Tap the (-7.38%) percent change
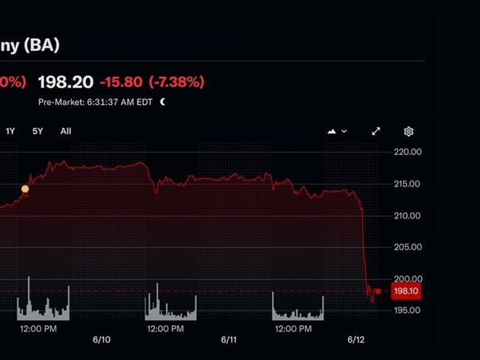176,82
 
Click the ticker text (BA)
41,45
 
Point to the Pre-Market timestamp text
95,102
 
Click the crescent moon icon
163,102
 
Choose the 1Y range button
10,131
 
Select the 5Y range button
38,131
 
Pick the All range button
66,131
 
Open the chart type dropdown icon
337,131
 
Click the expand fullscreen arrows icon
376,131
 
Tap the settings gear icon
408,131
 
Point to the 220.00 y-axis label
407,152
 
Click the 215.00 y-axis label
407,184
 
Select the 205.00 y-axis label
407,247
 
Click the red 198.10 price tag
405,292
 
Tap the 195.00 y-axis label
407,310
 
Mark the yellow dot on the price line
25,189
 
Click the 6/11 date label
229,339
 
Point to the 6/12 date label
356,339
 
